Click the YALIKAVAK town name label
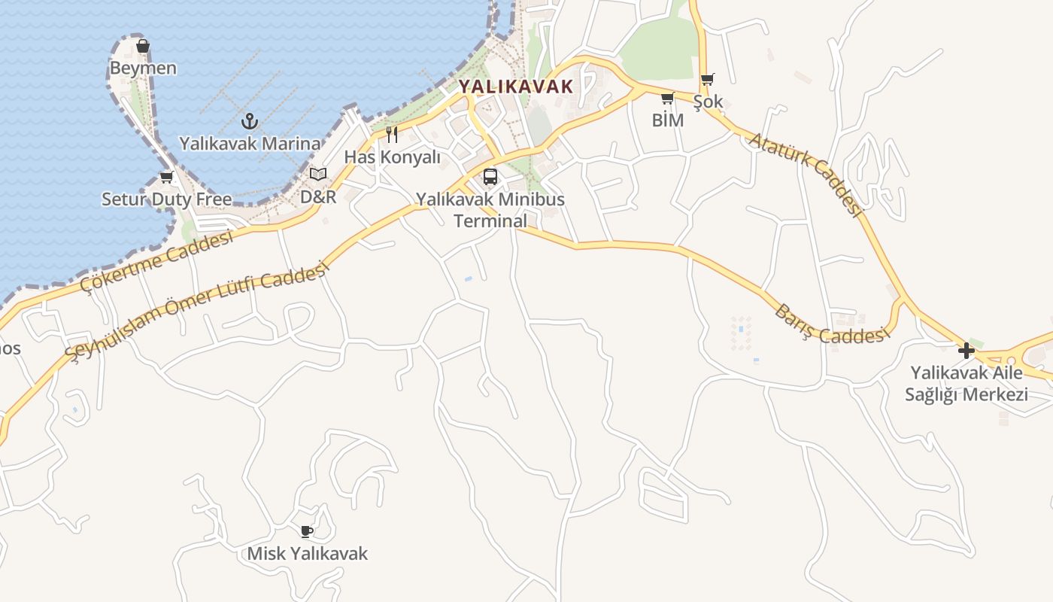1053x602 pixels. coord(516,86)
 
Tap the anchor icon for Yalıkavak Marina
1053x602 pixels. coord(250,120)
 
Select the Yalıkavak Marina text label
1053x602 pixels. coord(250,143)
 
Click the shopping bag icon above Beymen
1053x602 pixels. coord(143,47)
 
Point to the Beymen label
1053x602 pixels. coord(143,68)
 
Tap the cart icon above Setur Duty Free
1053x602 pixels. coord(166,178)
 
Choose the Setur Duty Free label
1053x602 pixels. coord(167,199)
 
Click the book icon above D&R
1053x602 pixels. coord(318,175)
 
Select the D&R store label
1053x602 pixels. coord(318,197)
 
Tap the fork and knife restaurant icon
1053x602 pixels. coord(392,135)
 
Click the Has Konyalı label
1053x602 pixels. coord(392,157)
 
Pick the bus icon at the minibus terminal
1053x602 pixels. coord(490,177)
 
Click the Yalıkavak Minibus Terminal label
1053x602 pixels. coord(490,210)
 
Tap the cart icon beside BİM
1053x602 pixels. coord(668,98)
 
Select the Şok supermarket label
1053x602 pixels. coord(708,102)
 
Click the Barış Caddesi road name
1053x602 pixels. coord(830,326)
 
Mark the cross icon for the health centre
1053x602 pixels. coord(967,350)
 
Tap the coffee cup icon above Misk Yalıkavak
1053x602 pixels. coord(307,531)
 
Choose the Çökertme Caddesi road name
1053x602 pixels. coord(158,263)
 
